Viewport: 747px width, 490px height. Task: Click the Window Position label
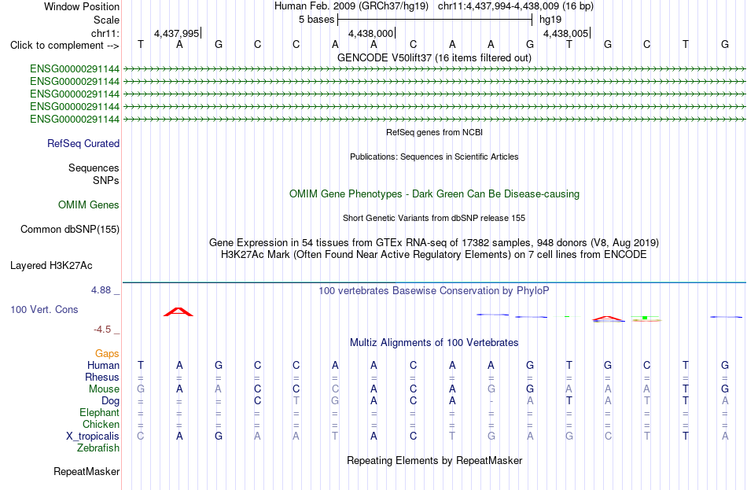coord(82,6)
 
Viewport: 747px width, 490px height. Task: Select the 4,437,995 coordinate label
coord(176,33)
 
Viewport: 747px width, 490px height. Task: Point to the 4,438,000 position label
coord(370,33)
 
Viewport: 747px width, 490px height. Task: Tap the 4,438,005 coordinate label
coord(565,33)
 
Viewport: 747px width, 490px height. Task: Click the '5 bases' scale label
coord(316,20)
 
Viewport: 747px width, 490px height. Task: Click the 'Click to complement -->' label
coord(64,46)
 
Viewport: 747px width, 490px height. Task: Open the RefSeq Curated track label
coord(83,143)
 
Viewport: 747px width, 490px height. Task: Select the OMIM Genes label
coord(89,205)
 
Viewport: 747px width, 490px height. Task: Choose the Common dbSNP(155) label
coord(70,230)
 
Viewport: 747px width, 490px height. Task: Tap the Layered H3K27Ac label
coord(51,266)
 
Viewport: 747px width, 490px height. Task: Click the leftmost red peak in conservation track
coord(178,311)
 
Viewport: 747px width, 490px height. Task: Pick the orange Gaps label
coord(107,353)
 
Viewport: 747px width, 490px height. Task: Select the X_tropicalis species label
coord(93,437)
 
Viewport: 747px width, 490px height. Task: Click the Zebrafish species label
coord(98,448)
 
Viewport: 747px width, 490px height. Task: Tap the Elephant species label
coord(100,412)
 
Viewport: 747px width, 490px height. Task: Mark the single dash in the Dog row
coord(491,401)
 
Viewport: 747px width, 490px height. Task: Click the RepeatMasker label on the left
coord(86,471)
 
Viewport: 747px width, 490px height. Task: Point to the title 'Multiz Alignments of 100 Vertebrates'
coord(434,342)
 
